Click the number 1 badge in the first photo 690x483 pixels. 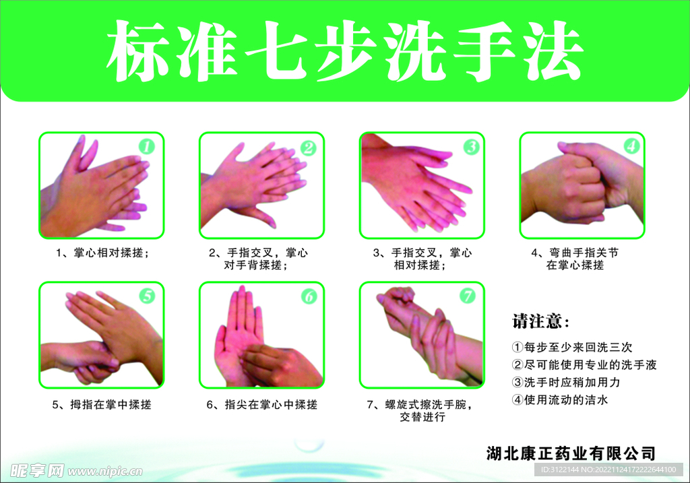click(x=147, y=146)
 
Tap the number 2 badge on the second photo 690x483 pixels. click(x=308, y=147)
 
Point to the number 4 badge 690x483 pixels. click(x=630, y=146)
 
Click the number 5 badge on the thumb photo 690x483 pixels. click(x=147, y=295)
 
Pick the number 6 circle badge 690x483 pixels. click(x=308, y=296)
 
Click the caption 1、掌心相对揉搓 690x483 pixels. click(x=101, y=253)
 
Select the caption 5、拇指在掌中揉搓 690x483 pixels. click(x=101, y=405)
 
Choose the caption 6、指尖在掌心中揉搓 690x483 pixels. click(x=261, y=405)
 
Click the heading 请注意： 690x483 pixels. click(x=541, y=321)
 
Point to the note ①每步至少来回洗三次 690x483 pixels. click(x=572, y=348)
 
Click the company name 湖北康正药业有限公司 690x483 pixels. click(x=571, y=453)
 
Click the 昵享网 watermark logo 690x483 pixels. click(x=37, y=470)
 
